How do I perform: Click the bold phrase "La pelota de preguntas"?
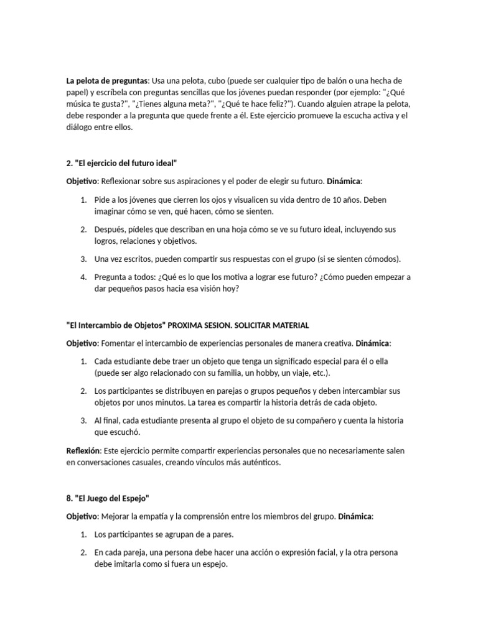[108, 81]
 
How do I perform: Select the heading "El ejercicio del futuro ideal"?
[122, 163]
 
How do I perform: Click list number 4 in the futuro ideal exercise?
[83, 277]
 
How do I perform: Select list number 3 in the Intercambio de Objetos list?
[83, 421]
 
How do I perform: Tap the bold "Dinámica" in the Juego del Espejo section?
[352, 517]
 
